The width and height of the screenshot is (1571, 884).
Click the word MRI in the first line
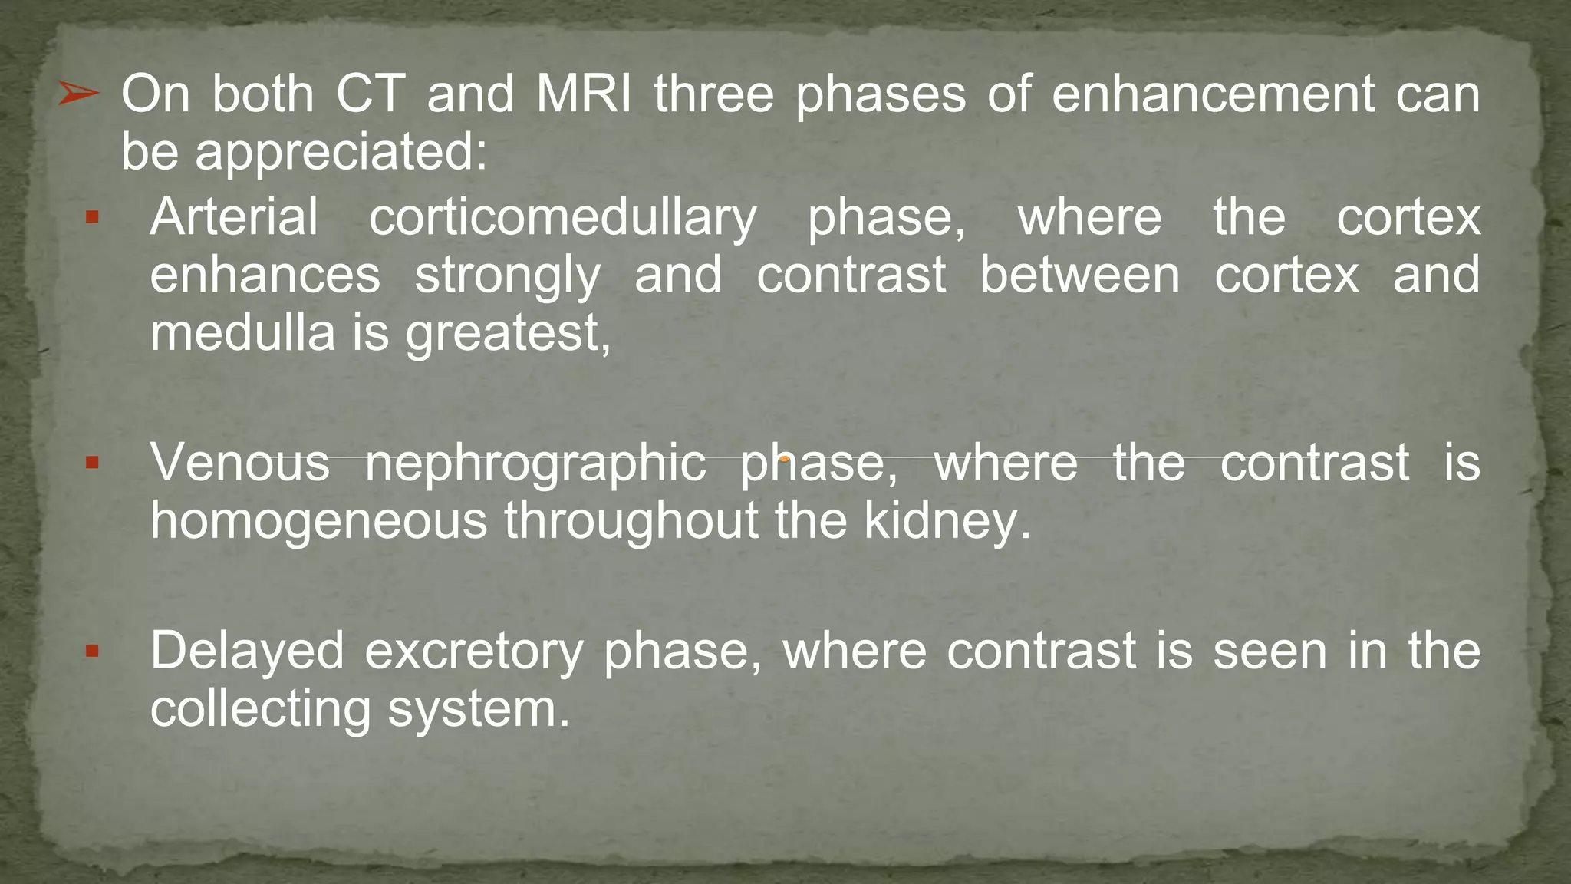pyautogui.click(x=584, y=94)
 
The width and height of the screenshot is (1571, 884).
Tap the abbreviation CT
pyautogui.click(x=371, y=94)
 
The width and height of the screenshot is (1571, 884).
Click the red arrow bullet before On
pyautogui.click(x=78, y=94)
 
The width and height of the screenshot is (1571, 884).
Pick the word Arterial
pyautogui.click(x=234, y=217)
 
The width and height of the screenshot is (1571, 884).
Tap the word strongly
pyautogui.click(x=508, y=276)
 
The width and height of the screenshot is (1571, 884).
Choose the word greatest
pyautogui.click(x=507, y=335)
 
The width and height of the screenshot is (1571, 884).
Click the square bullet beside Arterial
pyautogui.click(x=92, y=218)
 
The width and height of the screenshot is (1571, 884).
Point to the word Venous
pyautogui.click(x=239, y=463)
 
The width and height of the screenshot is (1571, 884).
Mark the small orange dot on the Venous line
pyautogui.click(x=785, y=459)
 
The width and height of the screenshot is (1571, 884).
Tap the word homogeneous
pyautogui.click(x=318, y=522)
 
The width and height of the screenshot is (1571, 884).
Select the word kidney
pyautogui.click(x=947, y=522)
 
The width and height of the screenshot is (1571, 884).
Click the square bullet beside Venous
pyautogui.click(x=92, y=463)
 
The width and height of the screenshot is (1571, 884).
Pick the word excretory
pyautogui.click(x=473, y=651)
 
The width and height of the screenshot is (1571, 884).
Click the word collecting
pyautogui.click(x=261, y=710)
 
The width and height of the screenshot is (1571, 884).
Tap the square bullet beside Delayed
pyautogui.click(x=92, y=651)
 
